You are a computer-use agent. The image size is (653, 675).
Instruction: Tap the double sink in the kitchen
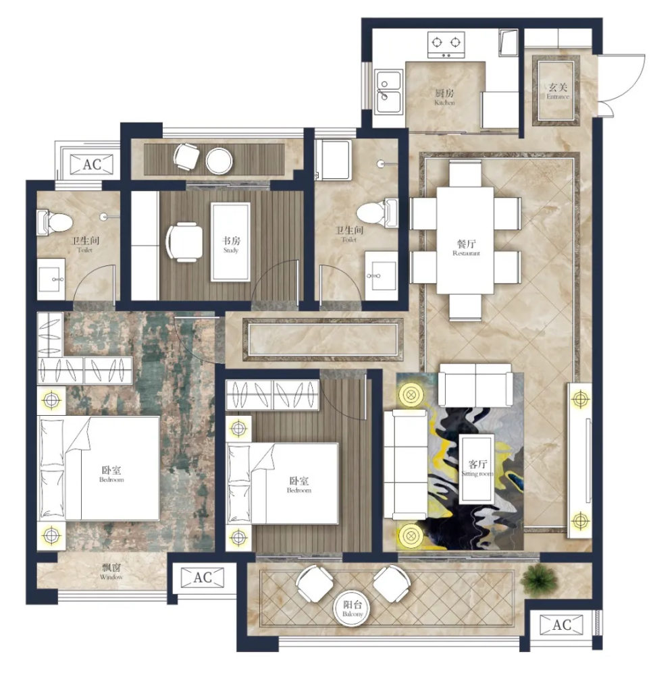pyautogui.click(x=389, y=92)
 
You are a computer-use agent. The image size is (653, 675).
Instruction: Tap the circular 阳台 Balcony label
pyautogui.click(x=352, y=609)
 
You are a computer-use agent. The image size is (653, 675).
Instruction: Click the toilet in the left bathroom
pyautogui.click(x=53, y=222)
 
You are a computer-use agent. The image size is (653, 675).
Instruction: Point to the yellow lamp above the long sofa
pyautogui.click(x=409, y=394)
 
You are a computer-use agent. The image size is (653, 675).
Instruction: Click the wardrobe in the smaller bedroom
pyautogui.click(x=272, y=394)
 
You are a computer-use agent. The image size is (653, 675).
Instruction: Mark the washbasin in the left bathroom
pyautogui.click(x=52, y=278)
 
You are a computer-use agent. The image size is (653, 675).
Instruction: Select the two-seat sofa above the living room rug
pyautogui.click(x=475, y=385)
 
